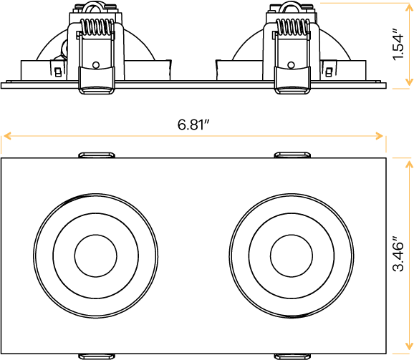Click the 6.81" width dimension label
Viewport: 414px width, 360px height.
pyautogui.click(x=193, y=125)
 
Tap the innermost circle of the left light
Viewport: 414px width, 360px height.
pyautogui.click(x=95, y=256)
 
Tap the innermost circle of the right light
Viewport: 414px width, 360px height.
pyautogui.click(x=292, y=256)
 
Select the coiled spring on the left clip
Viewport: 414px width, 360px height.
pyautogui.click(x=96, y=29)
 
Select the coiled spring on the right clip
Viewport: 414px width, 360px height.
pyautogui.click(x=292, y=29)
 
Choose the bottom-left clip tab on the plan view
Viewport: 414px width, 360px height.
pyautogui.click(x=96, y=356)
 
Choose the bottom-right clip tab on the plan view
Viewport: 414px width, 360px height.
pyautogui.click(x=292, y=356)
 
